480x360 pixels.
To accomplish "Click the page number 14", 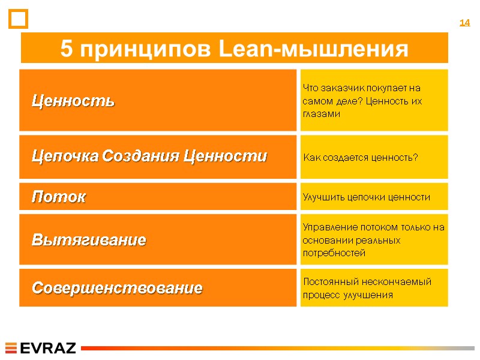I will [x=464, y=23].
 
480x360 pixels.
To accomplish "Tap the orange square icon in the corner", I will [x=19, y=19].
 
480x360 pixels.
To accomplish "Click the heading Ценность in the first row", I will [x=73, y=101].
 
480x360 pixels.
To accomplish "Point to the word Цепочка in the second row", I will [x=65, y=157].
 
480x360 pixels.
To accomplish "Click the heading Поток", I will [x=58, y=197].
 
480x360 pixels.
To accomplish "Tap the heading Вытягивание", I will [x=89, y=241].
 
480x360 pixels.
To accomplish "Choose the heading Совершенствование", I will [x=117, y=289].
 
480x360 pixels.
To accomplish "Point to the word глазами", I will [x=322, y=113].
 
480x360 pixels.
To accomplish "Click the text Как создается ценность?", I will [x=361, y=158].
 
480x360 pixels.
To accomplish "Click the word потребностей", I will [x=334, y=253].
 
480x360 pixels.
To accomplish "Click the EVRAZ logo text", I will [x=48, y=348].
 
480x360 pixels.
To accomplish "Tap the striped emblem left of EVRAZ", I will [x=12, y=348].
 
